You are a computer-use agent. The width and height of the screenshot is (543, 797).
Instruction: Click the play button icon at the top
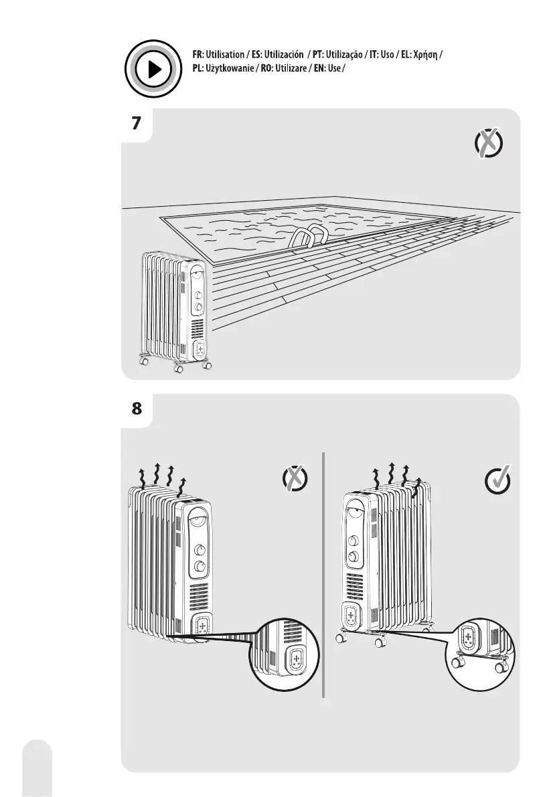[x=153, y=69]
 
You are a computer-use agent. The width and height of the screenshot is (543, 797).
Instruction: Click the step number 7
[x=137, y=124]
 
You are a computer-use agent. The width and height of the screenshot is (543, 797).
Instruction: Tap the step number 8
[x=137, y=410]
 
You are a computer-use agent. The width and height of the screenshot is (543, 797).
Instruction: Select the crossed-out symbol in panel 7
[x=488, y=145]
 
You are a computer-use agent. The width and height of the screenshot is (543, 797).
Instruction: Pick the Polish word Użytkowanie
[x=236, y=70]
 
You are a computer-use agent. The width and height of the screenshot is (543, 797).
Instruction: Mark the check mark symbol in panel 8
[x=498, y=480]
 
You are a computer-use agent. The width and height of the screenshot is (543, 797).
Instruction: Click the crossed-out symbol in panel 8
[x=295, y=479]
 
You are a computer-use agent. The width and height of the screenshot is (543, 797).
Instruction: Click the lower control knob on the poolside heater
[x=198, y=308]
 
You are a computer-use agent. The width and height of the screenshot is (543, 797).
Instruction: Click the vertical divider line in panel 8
[x=323, y=575]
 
